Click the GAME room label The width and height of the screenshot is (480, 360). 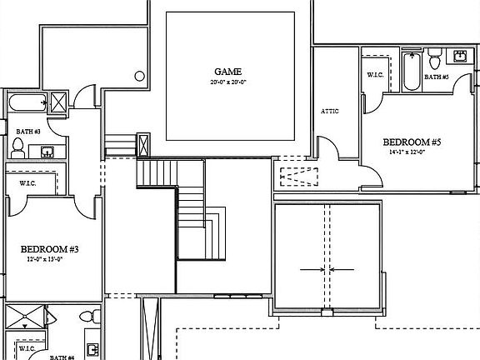pos(230,72)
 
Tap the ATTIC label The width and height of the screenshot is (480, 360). pos(330,111)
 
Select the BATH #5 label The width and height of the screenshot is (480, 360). pos(436,77)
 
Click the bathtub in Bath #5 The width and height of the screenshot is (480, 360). pos(412,73)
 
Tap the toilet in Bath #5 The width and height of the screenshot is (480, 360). pos(434,61)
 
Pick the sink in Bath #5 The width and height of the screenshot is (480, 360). pos(461,56)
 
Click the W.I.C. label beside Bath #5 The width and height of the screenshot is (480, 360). pos(375,75)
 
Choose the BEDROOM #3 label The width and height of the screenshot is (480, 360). pos(50,249)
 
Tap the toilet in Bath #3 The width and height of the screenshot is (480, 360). pos(17,147)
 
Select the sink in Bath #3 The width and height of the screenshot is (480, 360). pos(47,152)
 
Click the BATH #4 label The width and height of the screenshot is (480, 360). pos(62,357)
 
